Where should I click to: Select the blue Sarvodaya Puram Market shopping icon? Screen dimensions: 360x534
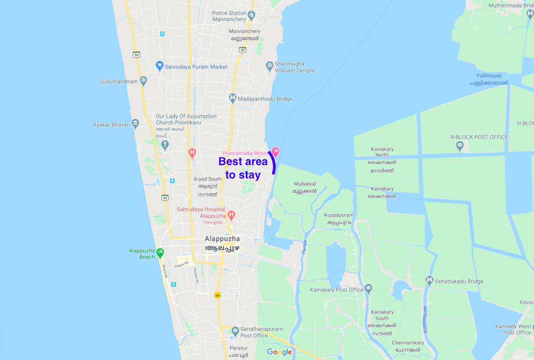[159, 66]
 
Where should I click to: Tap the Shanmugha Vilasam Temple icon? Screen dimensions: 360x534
[269, 66]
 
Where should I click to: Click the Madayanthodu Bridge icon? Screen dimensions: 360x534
[232, 98]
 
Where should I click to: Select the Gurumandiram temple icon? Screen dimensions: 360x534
[143, 81]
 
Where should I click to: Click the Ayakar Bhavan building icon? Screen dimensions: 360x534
[135, 123]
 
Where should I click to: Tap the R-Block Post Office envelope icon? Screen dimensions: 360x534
[460, 145]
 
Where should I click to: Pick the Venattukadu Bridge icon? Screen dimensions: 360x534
[429, 280]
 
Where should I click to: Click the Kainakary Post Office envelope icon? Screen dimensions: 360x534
[368, 288]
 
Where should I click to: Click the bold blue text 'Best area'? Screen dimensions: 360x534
[243, 162]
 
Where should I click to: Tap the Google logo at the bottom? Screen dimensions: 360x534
[279, 352]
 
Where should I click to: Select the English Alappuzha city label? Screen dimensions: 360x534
[222, 239]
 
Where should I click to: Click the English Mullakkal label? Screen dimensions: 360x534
[305, 184]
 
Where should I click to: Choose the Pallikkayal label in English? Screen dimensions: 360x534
[489, 76]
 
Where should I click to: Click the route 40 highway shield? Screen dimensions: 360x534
[242, 50]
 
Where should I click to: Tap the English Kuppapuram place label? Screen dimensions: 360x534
[339, 215]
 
